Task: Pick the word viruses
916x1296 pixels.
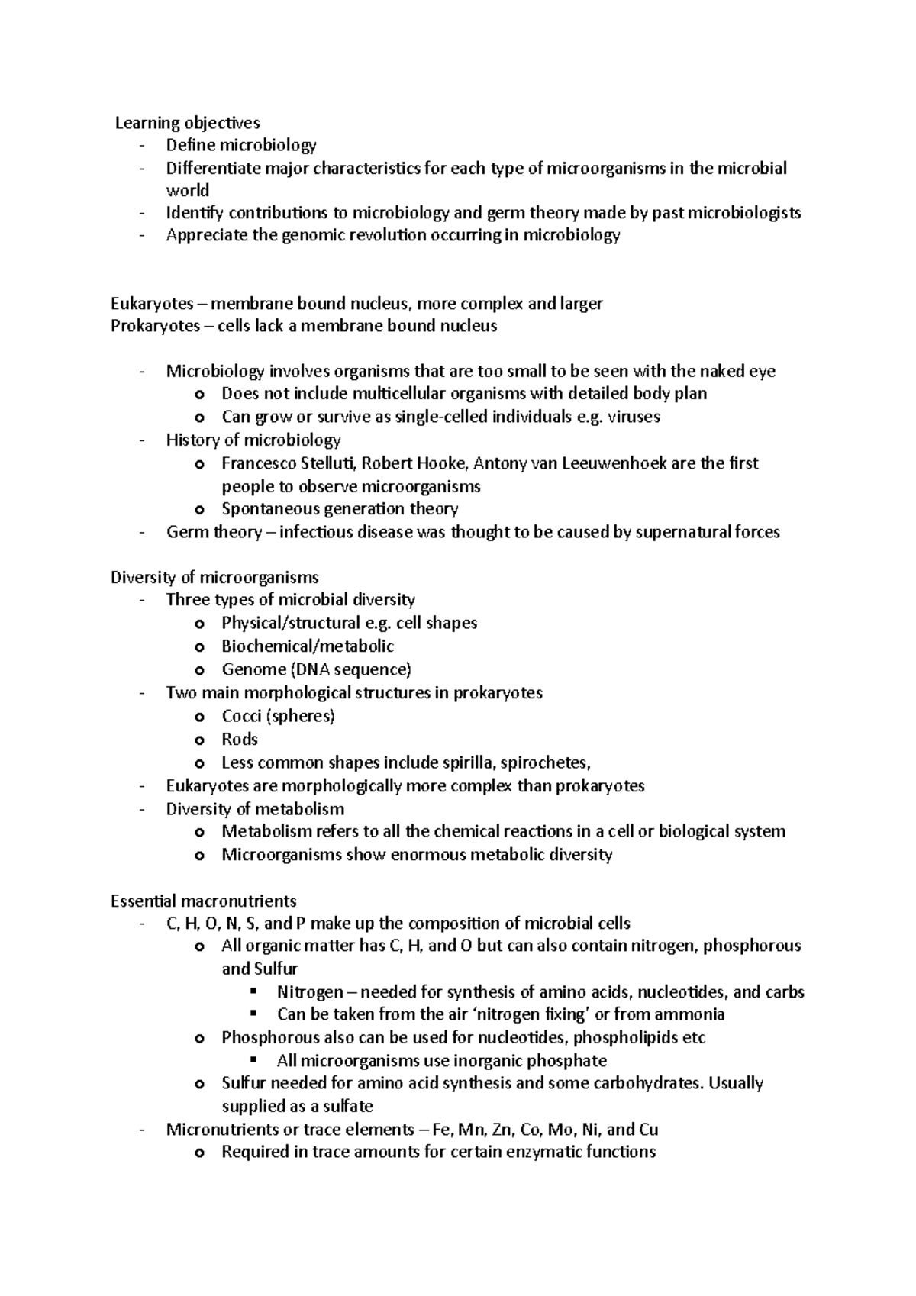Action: coord(633,417)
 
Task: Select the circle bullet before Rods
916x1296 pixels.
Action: coord(200,740)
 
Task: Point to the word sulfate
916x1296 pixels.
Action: coord(348,1106)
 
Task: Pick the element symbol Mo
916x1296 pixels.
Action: coord(562,1130)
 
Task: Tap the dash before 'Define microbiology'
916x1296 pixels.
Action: coord(142,145)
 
